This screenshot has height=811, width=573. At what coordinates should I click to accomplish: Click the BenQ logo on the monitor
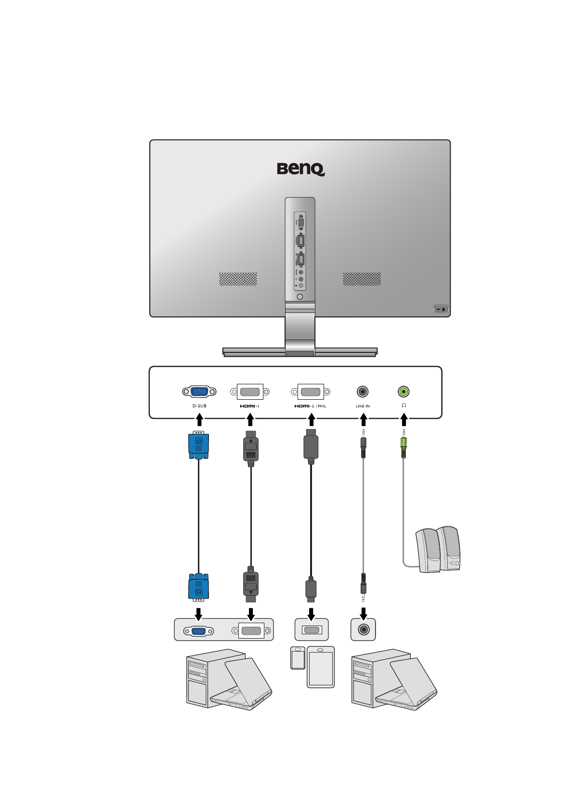click(x=300, y=169)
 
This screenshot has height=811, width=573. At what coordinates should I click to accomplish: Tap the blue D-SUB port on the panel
click(x=199, y=392)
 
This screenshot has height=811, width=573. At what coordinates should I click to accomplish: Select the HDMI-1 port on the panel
click(x=250, y=392)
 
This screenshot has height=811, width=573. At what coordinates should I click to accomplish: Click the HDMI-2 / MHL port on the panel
click(x=311, y=392)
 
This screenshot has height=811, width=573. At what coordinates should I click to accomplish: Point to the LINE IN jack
click(x=363, y=392)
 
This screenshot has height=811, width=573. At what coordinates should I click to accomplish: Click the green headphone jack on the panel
click(x=404, y=392)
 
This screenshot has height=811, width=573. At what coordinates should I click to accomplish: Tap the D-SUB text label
click(x=199, y=406)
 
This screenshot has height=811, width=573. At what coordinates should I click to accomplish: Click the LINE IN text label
click(x=363, y=406)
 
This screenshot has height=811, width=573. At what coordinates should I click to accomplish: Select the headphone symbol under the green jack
click(x=404, y=405)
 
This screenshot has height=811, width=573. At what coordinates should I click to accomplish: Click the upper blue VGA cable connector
click(x=198, y=445)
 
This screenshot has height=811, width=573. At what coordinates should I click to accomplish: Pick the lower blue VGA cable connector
click(x=198, y=587)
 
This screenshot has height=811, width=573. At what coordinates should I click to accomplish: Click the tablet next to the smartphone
click(x=321, y=667)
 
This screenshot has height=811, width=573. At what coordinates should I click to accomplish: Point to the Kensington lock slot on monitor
click(x=441, y=309)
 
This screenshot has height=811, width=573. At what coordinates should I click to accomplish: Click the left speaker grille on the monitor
click(x=238, y=279)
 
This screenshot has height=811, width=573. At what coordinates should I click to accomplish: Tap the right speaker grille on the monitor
click(x=362, y=279)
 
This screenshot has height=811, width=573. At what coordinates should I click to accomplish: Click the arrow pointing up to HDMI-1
click(x=250, y=421)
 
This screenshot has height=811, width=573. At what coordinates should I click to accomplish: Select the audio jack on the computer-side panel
click(x=364, y=629)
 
